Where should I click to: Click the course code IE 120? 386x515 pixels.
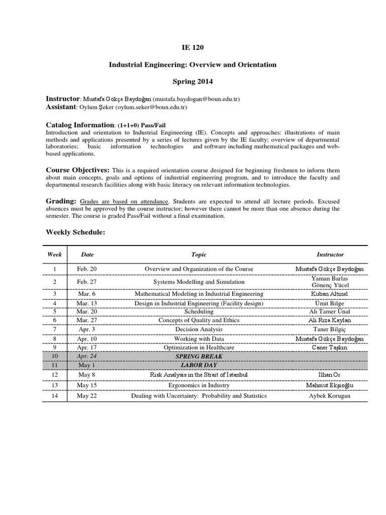click(193, 48)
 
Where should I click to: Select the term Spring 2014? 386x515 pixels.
click(193, 80)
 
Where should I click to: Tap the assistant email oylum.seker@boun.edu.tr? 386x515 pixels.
click(151, 107)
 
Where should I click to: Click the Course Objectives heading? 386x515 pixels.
click(77, 170)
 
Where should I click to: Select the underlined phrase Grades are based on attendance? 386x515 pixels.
click(124, 201)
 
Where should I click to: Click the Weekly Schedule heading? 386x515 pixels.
click(76, 232)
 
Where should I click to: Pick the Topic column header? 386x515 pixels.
click(199, 255)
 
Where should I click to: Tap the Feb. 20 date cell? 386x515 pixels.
click(87, 269)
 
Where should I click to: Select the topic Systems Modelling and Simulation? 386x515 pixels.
click(199, 282)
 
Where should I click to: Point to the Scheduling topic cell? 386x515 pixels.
click(199, 311)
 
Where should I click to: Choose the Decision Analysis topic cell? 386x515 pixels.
click(199, 329)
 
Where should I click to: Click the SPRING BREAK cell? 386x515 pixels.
click(199, 356)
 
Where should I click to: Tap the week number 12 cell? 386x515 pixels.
click(55, 375)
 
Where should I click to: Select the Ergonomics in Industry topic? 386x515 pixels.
click(199, 385)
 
